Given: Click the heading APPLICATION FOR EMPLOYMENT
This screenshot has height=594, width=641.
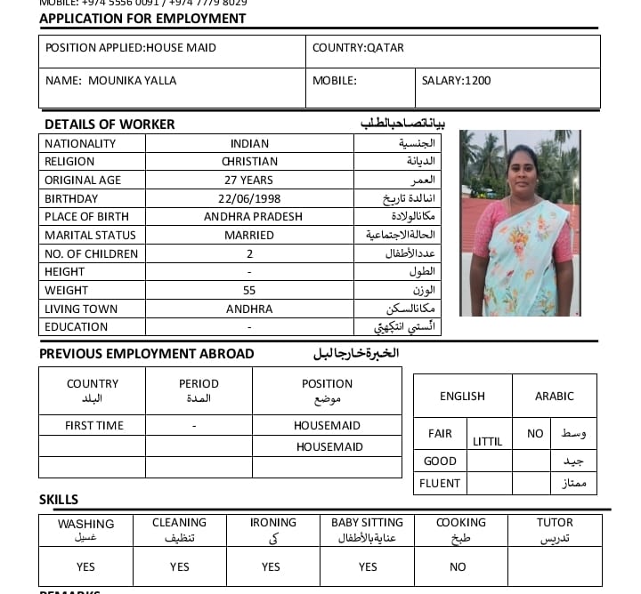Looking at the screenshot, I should pyautogui.click(x=142, y=19).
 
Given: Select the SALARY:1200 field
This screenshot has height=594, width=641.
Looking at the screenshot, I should pyautogui.click(x=456, y=81).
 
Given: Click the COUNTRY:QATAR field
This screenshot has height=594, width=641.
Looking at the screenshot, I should pyautogui.click(x=358, y=48).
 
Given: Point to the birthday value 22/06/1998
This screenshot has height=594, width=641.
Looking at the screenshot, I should pyautogui.click(x=249, y=198).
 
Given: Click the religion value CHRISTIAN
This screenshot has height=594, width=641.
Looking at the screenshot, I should pyautogui.click(x=249, y=162).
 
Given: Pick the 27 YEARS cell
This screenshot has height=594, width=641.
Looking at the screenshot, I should pyautogui.click(x=249, y=181).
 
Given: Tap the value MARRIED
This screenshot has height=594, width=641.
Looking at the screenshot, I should pyautogui.click(x=249, y=236).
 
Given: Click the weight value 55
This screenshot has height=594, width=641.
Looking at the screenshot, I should pyautogui.click(x=249, y=291).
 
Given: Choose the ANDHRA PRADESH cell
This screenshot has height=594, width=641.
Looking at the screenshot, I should pyautogui.click(x=253, y=217).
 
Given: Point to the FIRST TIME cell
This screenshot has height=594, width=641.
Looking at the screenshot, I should pyautogui.click(x=94, y=426).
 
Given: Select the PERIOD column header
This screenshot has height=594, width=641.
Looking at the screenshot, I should pyautogui.click(x=199, y=384).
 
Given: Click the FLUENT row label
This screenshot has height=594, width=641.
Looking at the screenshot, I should pyautogui.click(x=441, y=484).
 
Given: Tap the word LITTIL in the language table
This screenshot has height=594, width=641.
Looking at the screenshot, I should pyautogui.click(x=488, y=442).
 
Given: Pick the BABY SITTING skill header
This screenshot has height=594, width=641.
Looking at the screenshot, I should pyautogui.click(x=367, y=523).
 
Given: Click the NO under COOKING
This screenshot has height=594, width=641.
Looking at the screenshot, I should pyautogui.click(x=458, y=567).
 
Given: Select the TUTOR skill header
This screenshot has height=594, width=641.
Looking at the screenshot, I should pyautogui.click(x=555, y=523).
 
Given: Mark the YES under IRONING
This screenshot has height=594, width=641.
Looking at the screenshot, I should pyautogui.click(x=272, y=567).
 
